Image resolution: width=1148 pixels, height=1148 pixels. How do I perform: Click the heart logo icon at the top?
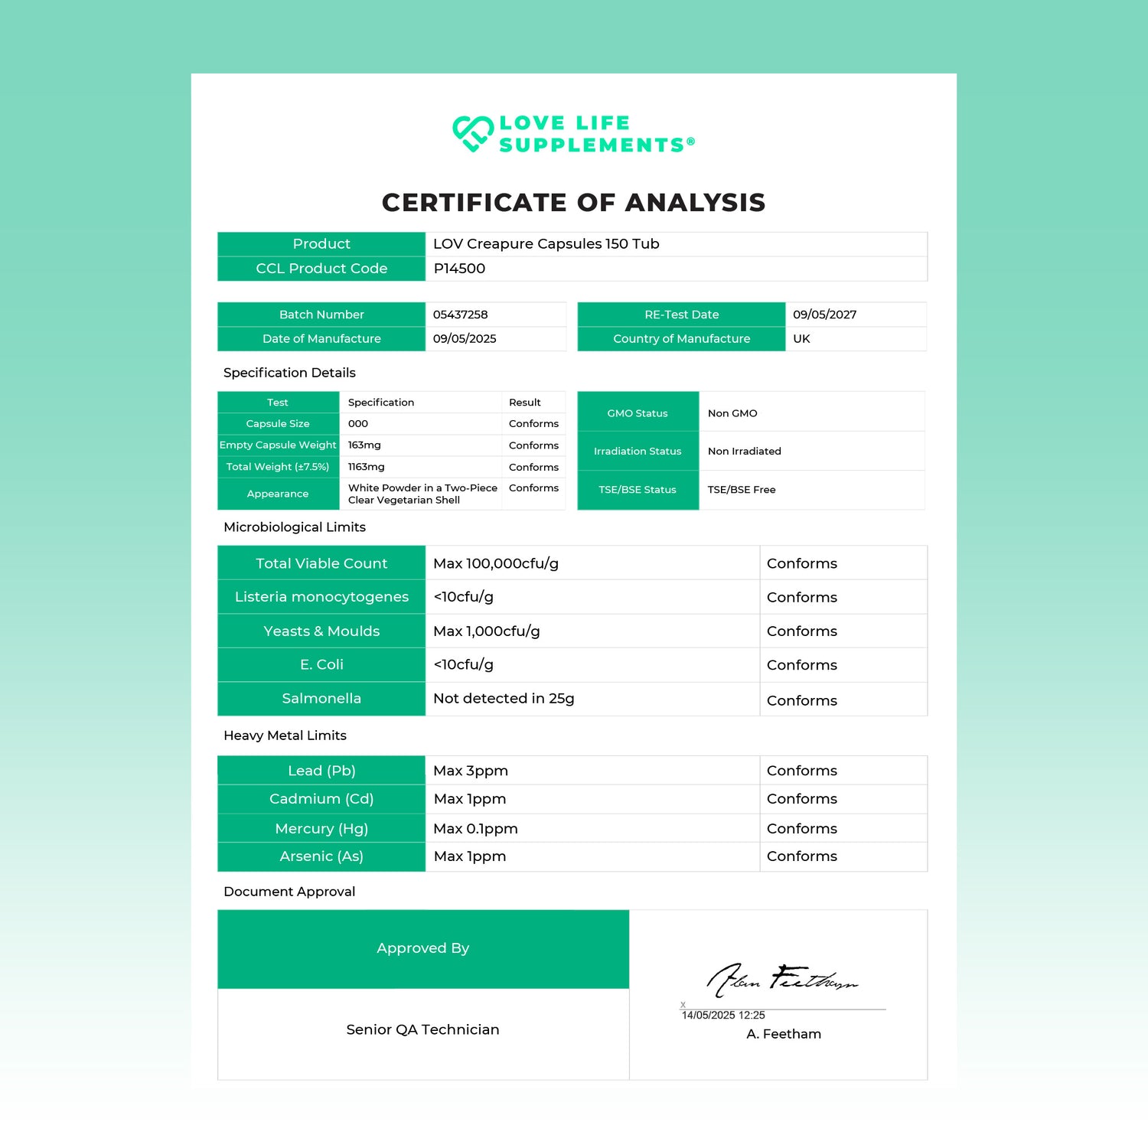coord(472,134)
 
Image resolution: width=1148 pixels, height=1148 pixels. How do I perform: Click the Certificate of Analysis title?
coord(573,203)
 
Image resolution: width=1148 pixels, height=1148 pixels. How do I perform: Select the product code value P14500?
coord(459,269)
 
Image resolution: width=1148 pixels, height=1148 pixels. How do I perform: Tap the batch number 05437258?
coord(460,315)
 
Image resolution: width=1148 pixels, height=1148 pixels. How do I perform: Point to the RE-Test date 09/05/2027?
coord(824,315)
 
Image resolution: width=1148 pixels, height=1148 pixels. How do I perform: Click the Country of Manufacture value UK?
coord(801,339)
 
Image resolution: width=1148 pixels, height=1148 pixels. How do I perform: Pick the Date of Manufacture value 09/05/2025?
coord(465,339)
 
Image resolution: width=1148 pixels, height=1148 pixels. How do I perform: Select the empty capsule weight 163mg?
coord(364,445)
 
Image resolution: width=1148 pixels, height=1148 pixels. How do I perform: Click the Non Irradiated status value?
coord(744,452)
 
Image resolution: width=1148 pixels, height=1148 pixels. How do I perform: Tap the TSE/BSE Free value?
coord(741,490)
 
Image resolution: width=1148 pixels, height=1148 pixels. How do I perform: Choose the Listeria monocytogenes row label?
coord(321,597)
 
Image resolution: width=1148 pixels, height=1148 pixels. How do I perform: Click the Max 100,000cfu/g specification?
coord(496,564)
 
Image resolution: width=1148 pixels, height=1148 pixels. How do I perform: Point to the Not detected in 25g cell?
coord(504,699)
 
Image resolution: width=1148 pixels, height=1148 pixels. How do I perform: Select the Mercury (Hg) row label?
coord(321,829)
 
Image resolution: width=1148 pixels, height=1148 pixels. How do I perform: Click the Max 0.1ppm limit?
coord(475,829)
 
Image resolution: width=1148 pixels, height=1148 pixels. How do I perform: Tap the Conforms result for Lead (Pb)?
coord(801,771)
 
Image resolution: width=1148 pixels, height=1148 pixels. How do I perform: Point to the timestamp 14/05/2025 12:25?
coord(723,1016)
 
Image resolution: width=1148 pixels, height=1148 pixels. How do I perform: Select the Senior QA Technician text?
coord(422,1030)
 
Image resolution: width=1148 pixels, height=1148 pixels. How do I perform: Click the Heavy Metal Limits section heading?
coord(285,735)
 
